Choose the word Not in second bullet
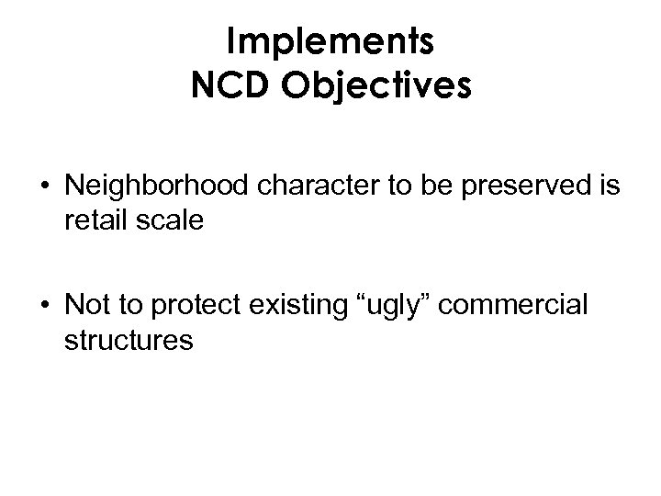[85, 307]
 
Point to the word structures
[129, 341]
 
